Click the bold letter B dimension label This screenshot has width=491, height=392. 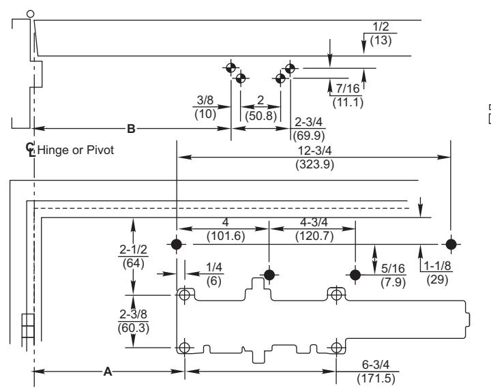coord(131,128)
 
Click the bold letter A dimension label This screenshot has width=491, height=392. coord(108,372)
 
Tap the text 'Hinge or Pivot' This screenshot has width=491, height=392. coord(76,150)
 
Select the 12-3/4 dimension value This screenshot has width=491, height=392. coord(314,151)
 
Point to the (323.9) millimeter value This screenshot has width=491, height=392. coord(314,164)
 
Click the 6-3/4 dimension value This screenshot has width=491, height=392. coord(376,365)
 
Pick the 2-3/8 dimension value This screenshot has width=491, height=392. coord(133,314)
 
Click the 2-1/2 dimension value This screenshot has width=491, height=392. coord(133,250)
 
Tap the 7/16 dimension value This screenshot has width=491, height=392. coord(348,89)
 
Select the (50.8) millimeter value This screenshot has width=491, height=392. coord(261,116)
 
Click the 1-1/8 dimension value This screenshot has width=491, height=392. coord(437,266)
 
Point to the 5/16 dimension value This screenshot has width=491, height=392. coord(393,269)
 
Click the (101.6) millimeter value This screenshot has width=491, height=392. coord(226,236)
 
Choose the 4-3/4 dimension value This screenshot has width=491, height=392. coord(314,222)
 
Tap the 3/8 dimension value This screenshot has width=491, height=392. coord(205,100)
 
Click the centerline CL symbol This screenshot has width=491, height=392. coord(31,150)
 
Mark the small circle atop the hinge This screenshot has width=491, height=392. coord(31,14)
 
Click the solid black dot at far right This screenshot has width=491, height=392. coord(451,244)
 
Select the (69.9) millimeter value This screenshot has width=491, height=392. coord(309,136)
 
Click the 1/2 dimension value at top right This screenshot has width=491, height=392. coord(381,27)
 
